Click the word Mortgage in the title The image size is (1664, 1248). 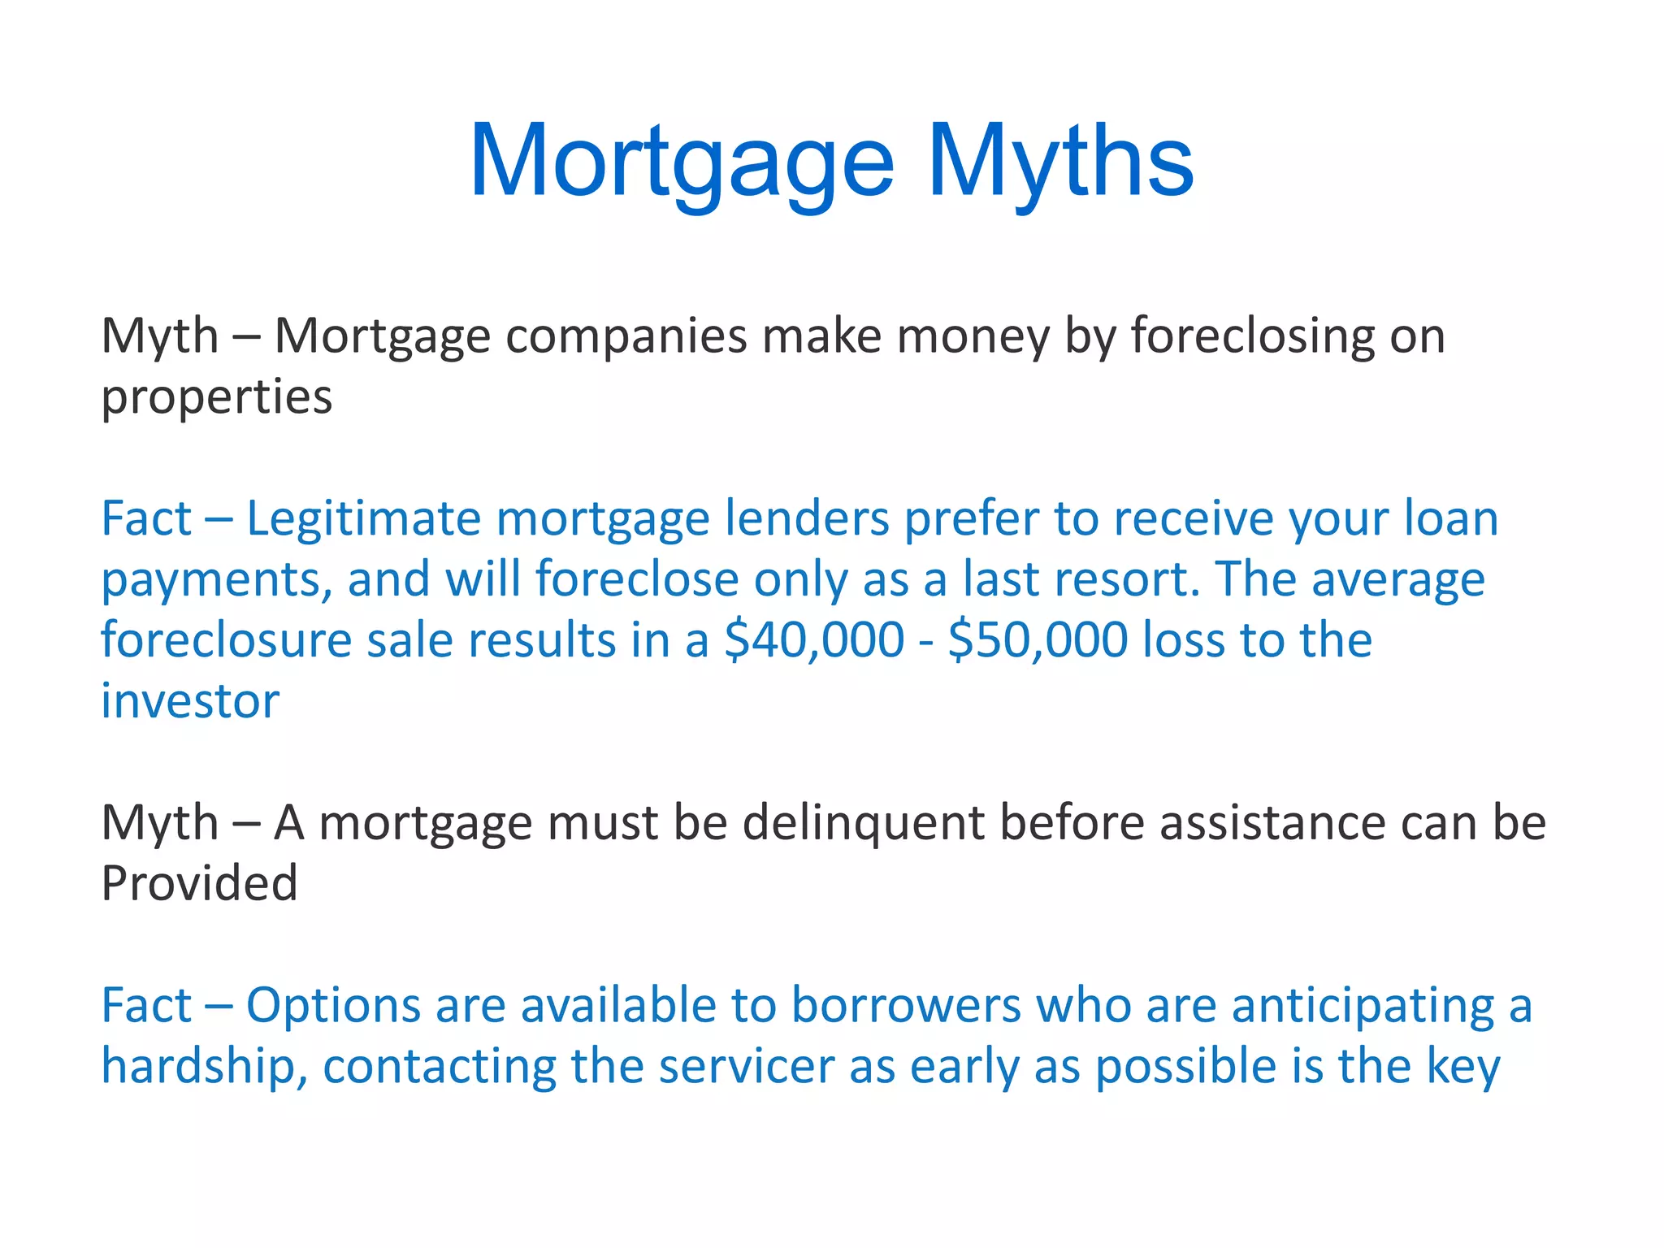click(x=681, y=162)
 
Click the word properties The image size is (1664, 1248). click(x=216, y=398)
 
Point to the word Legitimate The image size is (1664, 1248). click(x=363, y=519)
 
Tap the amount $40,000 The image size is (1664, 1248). click(x=814, y=640)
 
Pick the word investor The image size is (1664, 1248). click(x=190, y=701)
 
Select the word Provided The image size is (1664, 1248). click(x=199, y=884)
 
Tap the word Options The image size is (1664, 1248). click(x=333, y=1006)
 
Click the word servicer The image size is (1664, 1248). click(x=746, y=1067)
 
